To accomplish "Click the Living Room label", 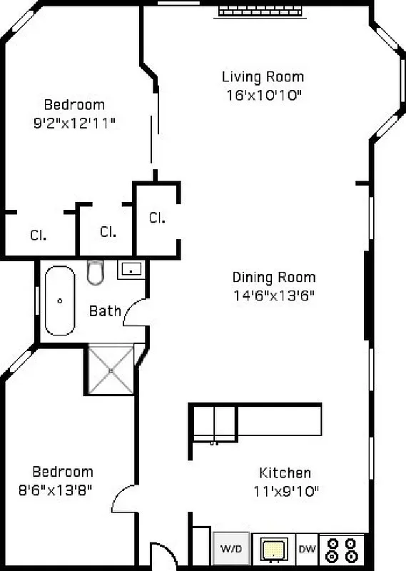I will (x=263, y=76).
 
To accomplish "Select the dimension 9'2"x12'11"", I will (x=74, y=122).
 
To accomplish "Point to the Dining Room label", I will (x=274, y=278).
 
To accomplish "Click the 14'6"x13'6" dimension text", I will (x=274, y=295).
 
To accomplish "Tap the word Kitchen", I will (x=285, y=473).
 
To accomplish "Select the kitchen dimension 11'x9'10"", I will (x=285, y=490).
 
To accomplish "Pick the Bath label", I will (x=104, y=311).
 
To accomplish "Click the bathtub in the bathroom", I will (x=60, y=300).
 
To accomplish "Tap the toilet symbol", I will (x=96, y=271).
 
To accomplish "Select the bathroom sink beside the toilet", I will (x=130, y=269).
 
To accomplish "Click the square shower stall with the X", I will (x=110, y=369).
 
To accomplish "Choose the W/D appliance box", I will (x=230, y=550).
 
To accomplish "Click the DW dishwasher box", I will (x=306, y=549).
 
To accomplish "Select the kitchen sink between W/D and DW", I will (x=272, y=550).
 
